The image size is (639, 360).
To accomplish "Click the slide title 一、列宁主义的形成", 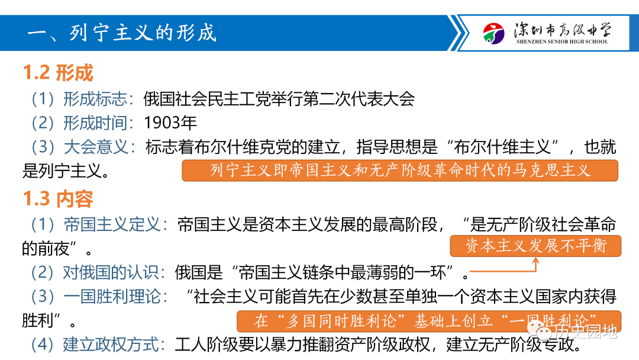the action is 121,33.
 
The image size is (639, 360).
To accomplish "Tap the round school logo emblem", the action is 493,33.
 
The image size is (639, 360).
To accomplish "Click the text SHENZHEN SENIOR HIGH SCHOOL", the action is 562,41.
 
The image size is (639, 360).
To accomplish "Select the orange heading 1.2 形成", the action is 58,73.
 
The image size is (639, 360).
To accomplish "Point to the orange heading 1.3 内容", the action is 58,199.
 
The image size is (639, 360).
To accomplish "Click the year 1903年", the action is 170,123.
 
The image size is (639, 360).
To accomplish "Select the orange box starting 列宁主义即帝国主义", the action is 400,171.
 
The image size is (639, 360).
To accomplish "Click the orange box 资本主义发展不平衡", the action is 535,246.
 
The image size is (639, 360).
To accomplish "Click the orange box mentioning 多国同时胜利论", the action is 429,322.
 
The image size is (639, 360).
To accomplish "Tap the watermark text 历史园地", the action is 586,332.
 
